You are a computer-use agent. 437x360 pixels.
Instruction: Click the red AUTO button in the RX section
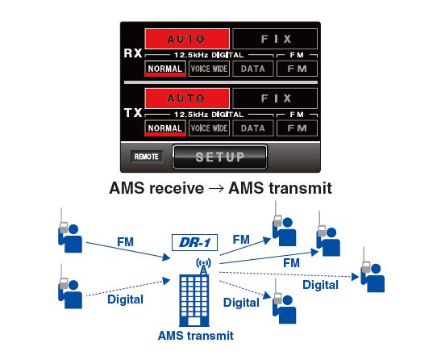(x=187, y=39)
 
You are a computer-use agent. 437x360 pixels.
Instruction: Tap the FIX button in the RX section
(x=275, y=39)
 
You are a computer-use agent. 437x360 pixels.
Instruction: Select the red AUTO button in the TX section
(x=187, y=98)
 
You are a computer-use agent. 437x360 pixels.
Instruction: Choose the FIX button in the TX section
(x=275, y=98)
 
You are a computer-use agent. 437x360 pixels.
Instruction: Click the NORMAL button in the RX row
(x=165, y=69)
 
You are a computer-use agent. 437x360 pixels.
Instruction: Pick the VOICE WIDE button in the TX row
(x=209, y=128)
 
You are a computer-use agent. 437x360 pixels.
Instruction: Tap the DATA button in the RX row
(x=253, y=69)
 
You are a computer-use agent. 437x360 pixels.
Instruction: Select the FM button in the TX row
(x=297, y=128)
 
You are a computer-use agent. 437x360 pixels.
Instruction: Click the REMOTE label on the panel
(x=146, y=157)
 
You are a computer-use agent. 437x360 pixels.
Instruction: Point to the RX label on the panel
(x=133, y=53)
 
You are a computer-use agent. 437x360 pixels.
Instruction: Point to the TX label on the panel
(x=133, y=113)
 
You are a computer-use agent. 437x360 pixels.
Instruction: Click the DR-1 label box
(x=194, y=242)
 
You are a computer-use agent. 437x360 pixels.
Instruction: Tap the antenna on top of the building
(x=204, y=266)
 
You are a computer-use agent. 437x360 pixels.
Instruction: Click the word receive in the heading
(x=177, y=188)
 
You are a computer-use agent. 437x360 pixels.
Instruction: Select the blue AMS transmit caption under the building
(x=196, y=336)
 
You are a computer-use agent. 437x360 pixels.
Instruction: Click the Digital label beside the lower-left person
(x=126, y=299)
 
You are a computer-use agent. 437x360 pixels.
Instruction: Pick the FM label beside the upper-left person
(x=126, y=241)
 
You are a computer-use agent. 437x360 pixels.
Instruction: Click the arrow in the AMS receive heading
(x=216, y=188)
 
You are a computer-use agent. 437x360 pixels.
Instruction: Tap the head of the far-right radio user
(x=376, y=269)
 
